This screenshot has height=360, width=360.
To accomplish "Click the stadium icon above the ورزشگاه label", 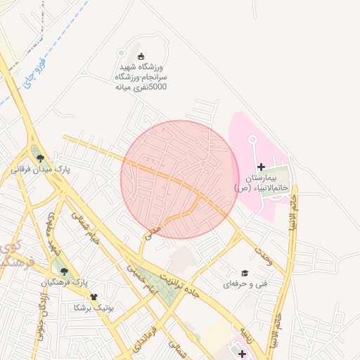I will pyautogui.click(x=141, y=56).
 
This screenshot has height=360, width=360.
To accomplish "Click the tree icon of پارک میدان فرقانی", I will pyautogui.click(x=40, y=158).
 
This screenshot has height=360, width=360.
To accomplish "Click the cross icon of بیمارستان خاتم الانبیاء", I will pyautogui.click(x=262, y=167).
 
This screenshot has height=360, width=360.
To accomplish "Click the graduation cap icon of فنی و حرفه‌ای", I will pyautogui.click(x=245, y=273).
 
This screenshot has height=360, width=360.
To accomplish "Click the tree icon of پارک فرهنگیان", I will pyautogui.click(x=65, y=271).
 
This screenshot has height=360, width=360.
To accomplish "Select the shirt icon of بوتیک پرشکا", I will pyautogui.click(x=94, y=297).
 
